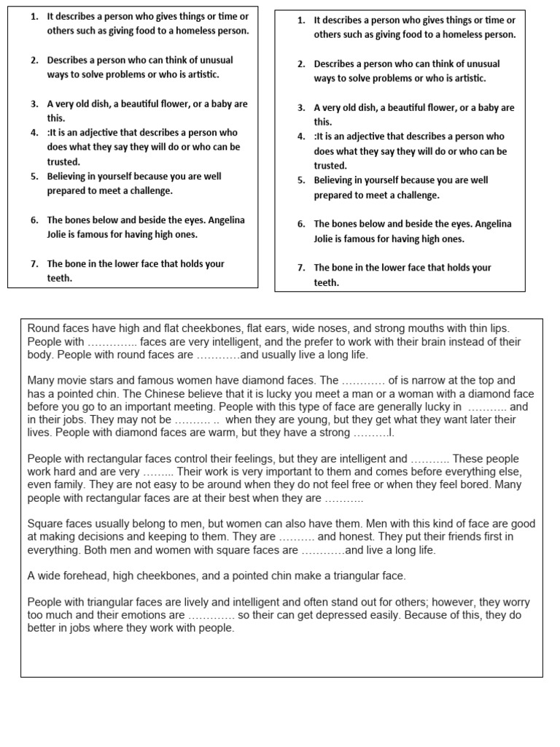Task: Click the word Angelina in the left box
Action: pos(217,220)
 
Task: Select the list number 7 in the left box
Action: pos(34,264)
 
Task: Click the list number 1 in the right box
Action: pos(301,20)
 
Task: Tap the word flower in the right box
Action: pos(425,107)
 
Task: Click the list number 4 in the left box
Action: pos(34,133)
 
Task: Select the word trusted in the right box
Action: pos(330,166)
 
